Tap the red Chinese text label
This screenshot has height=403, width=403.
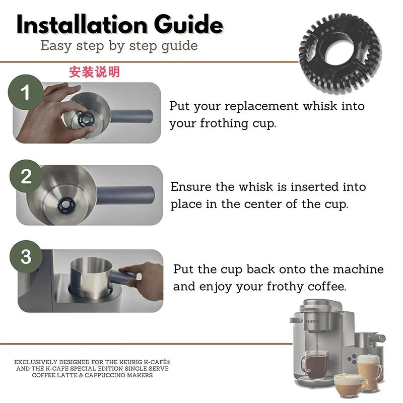click(94, 72)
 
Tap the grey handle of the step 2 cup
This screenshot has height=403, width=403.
click(126, 194)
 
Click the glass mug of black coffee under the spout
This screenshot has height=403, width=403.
click(314, 365)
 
